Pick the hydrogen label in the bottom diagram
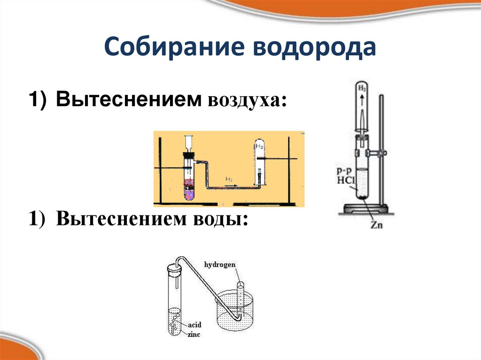219,265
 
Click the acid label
194,324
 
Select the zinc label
194,334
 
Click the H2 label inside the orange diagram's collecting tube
259,147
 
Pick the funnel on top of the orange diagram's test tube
189,141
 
